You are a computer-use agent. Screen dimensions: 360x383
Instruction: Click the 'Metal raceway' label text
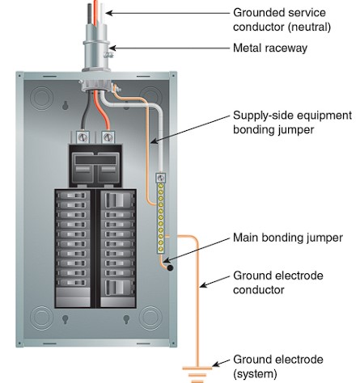270,48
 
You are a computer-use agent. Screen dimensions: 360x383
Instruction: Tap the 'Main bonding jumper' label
288,238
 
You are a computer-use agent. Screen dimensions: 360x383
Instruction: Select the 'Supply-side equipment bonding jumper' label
292,122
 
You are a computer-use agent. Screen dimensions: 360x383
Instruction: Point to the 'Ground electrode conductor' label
278,283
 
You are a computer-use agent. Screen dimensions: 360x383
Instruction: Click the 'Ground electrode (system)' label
278,367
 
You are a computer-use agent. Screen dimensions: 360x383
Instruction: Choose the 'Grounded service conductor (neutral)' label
282,20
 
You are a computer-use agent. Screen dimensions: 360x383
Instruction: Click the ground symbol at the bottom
197,375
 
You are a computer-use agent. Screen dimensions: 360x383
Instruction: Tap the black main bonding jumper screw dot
170,268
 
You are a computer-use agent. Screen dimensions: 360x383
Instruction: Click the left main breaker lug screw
83,137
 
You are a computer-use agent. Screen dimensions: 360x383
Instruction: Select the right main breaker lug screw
108,137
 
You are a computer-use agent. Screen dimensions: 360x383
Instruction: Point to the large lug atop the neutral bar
161,178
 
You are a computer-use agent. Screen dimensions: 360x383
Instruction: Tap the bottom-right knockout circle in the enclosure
150,318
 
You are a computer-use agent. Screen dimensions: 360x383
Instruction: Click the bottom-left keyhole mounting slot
65,319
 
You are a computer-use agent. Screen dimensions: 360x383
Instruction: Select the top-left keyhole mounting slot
65,105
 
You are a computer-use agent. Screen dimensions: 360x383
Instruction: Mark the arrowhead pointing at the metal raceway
112,48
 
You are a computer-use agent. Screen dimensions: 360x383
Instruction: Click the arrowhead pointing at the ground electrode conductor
204,284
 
